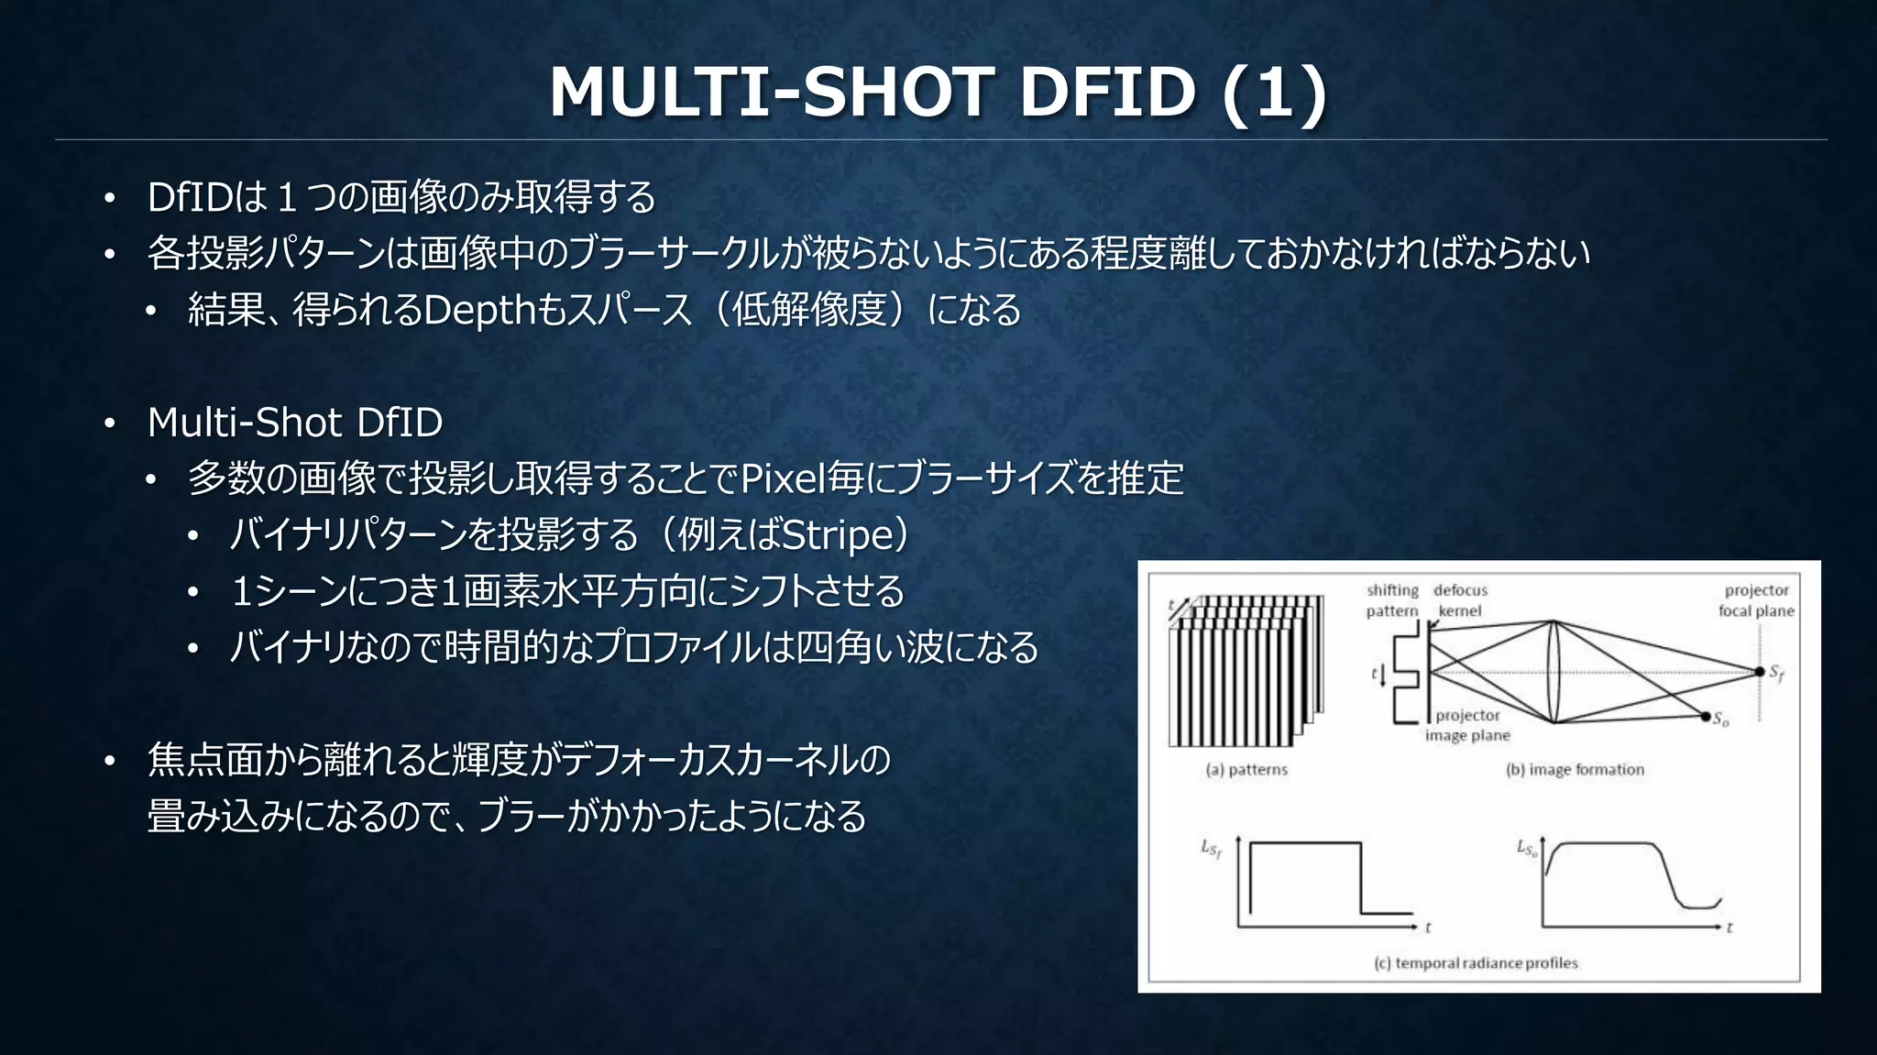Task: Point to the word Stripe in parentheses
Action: click(838, 535)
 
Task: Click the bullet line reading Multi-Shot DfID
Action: click(294, 423)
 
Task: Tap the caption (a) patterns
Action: click(1246, 770)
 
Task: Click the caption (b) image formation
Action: click(1575, 770)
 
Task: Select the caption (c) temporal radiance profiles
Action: click(1476, 963)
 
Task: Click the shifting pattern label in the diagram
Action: click(1392, 600)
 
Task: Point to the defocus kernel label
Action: click(1460, 600)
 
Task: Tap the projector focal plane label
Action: click(1756, 600)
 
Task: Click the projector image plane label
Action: click(1467, 725)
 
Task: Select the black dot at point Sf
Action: click(1760, 672)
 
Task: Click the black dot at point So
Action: click(1706, 716)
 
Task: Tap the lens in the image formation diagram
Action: click(1554, 672)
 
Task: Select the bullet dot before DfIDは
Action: click(109, 199)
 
